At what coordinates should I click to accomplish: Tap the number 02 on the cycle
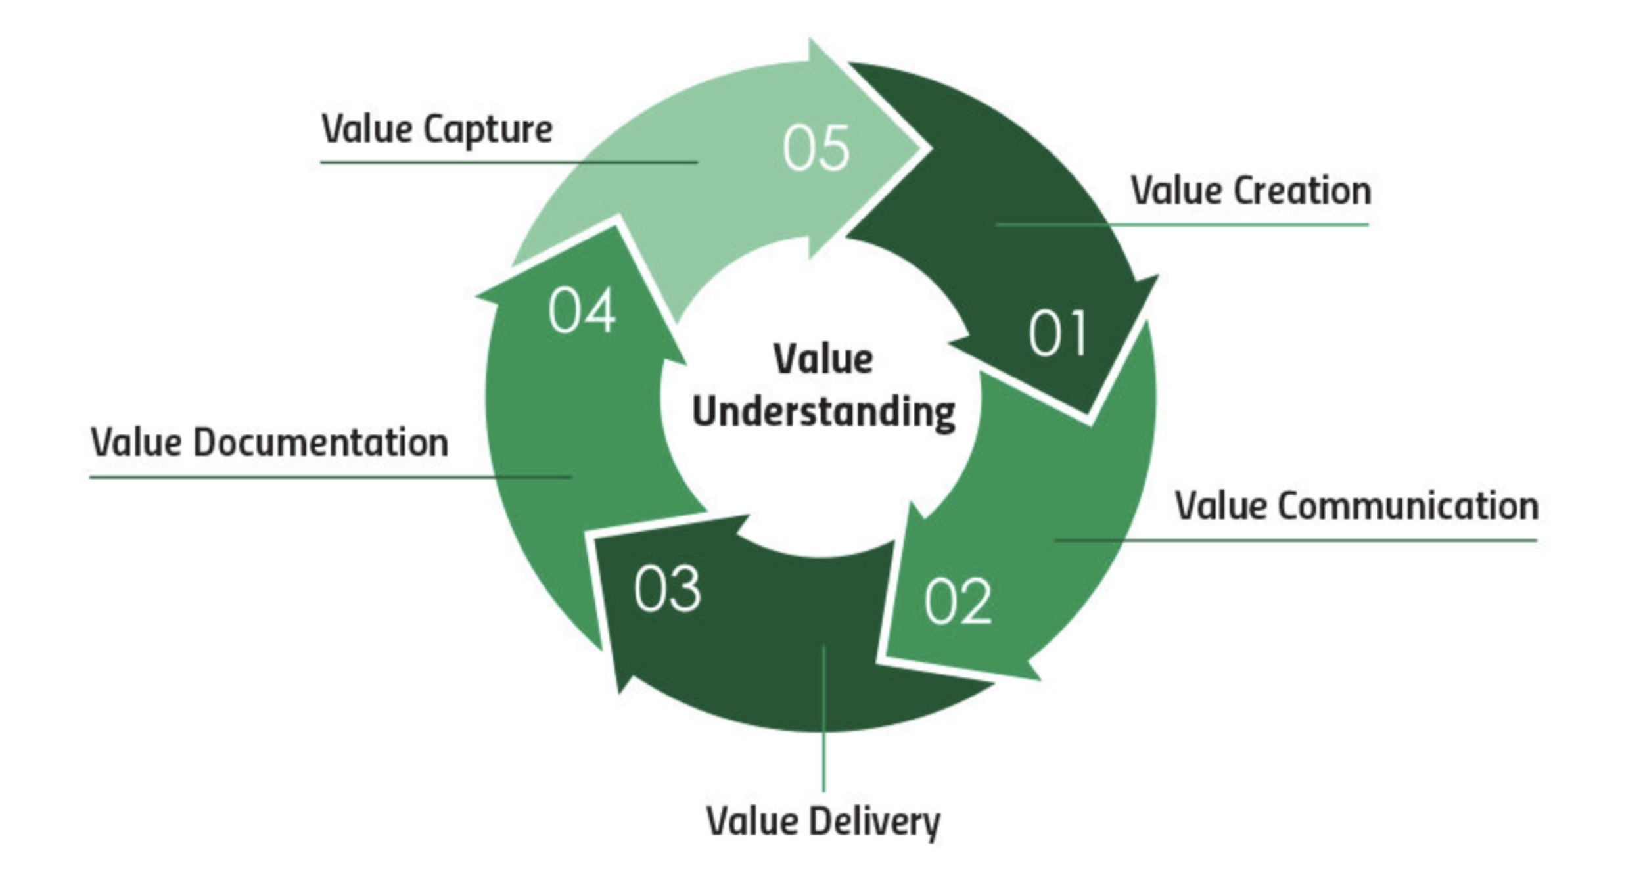(x=958, y=601)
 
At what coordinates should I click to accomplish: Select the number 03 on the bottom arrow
(x=667, y=589)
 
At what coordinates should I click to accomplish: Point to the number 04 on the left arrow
(x=582, y=310)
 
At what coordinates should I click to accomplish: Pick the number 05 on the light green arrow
(x=816, y=148)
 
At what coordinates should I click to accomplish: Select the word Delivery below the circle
(x=873, y=822)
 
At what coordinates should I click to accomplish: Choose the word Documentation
(x=321, y=442)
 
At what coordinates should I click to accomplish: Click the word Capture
(x=487, y=130)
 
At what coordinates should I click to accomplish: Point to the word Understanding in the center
(x=823, y=413)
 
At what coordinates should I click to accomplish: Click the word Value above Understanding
(x=823, y=359)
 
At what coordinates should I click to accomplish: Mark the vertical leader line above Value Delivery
(x=823, y=718)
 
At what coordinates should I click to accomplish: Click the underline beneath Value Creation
(x=1182, y=225)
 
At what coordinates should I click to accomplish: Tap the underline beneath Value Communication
(x=1296, y=540)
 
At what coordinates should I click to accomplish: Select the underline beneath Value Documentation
(x=331, y=477)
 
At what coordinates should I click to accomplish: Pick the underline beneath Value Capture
(x=509, y=162)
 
